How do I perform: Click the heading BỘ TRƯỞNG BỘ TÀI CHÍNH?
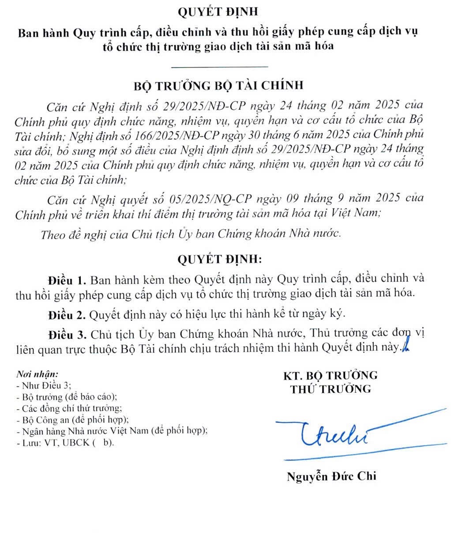click(x=219, y=85)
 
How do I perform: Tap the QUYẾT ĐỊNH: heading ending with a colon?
click(x=219, y=259)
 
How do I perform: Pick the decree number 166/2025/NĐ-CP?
click(x=169, y=134)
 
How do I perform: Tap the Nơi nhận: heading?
click(x=37, y=375)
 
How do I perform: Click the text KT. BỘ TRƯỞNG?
click(x=331, y=375)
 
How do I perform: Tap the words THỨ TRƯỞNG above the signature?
click(x=331, y=388)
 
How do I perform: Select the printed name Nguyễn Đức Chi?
click(x=331, y=476)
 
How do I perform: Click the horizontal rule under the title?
click(x=219, y=67)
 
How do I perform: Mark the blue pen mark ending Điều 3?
click(x=403, y=347)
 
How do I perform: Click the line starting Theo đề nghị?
click(x=191, y=234)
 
